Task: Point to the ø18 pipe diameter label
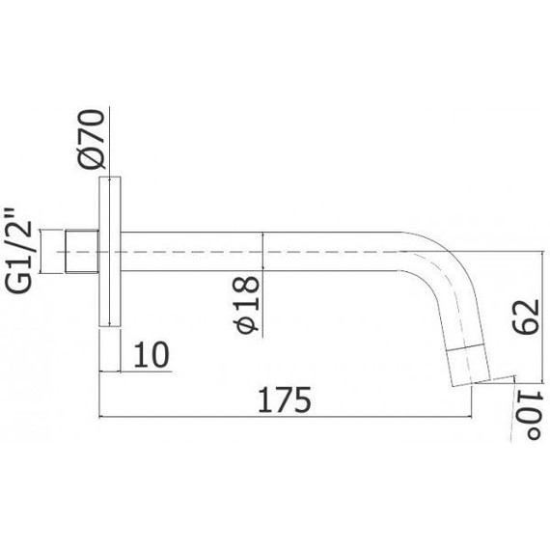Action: [x=247, y=305]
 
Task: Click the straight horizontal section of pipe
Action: [x=261, y=253]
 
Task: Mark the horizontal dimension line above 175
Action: [x=289, y=418]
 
